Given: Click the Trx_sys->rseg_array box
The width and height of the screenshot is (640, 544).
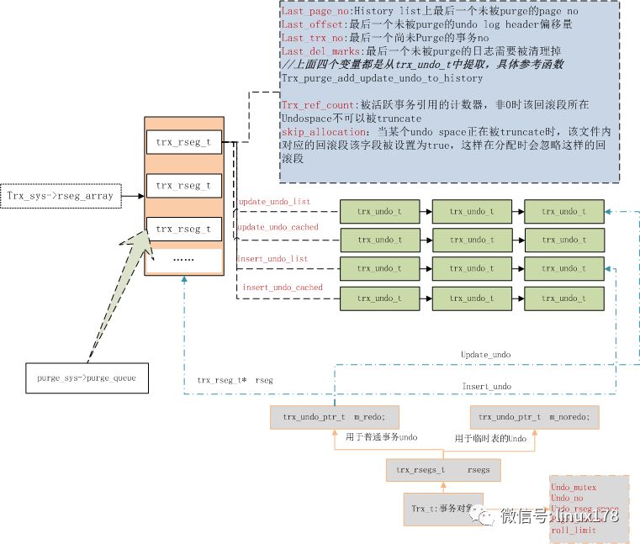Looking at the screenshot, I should pos(61,196).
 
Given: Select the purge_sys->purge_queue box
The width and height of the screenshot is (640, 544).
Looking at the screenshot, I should pos(80,378).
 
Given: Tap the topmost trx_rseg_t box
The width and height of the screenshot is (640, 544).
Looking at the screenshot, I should pos(183,142).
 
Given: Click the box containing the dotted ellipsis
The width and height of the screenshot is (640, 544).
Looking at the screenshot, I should pos(183,260).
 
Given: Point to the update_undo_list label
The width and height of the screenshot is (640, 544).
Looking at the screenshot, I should pos(273,203).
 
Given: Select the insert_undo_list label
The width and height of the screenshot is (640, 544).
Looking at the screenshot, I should pos(272,259).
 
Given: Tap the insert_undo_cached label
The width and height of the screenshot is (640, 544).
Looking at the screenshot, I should pos(283,288).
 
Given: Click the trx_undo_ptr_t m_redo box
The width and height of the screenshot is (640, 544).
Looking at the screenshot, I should pos(334,416).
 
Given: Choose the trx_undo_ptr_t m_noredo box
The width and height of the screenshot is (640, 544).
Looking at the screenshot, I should pos(533,416).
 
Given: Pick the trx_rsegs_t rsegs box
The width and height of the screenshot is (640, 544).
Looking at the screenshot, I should pos(442,470).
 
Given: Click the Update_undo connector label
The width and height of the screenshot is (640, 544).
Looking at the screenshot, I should pos(485,355).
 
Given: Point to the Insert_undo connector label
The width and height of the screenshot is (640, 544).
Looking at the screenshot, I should pos(486,386).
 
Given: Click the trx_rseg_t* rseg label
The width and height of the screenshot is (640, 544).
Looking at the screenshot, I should pos(235,380).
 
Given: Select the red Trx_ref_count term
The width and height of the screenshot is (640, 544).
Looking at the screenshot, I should pos(320,104).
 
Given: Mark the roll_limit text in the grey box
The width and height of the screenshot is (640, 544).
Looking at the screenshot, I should pos(574,531).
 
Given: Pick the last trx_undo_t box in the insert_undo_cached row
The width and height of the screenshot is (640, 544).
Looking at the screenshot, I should pos(563,298).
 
